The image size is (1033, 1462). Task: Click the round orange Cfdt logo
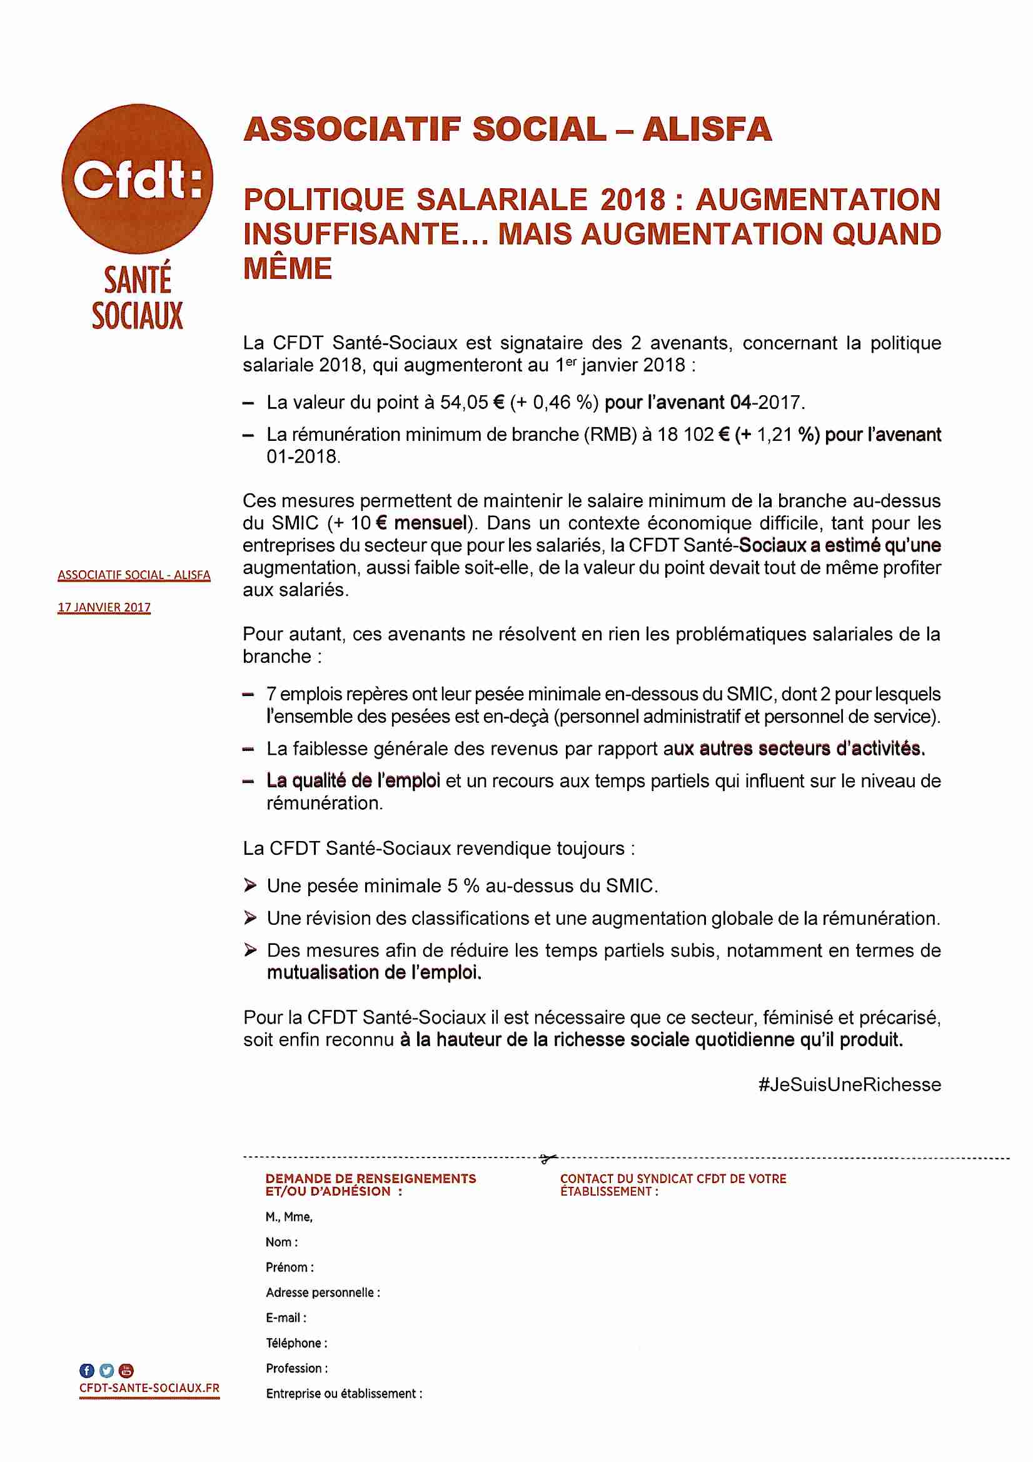tap(137, 179)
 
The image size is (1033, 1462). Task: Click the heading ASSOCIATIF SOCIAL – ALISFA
tap(508, 129)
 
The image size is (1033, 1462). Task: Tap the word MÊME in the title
tap(287, 268)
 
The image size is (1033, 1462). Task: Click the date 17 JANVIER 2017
tap(104, 607)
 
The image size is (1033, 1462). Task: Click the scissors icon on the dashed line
tap(548, 1158)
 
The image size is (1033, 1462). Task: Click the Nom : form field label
tap(281, 1243)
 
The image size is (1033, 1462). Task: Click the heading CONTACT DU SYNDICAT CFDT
tap(673, 1179)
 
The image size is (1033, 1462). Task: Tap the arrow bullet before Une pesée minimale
tap(250, 885)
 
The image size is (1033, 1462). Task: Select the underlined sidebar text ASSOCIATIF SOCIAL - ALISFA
tap(134, 575)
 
